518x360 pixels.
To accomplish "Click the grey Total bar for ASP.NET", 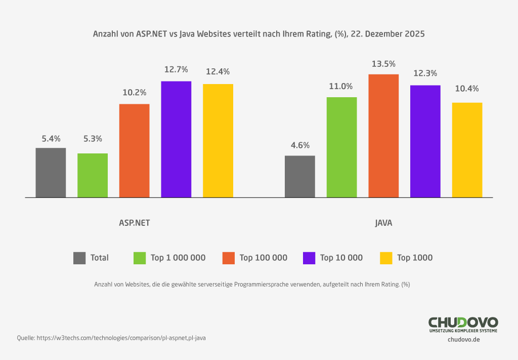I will pyautogui.click(x=51, y=173).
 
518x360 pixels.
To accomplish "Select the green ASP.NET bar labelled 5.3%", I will pyautogui.click(x=93, y=175).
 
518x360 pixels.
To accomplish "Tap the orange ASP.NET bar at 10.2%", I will pyautogui.click(x=134, y=150).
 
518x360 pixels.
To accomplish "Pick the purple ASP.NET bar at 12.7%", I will pyautogui.click(x=176, y=139).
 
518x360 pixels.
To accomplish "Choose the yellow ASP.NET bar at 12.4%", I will pyautogui.click(x=218, y=141).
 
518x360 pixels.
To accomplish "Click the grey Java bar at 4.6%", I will pyautogui.click(x=299, y=176).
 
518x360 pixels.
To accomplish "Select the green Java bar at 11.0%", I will pyautogui.click(x=341, y=147).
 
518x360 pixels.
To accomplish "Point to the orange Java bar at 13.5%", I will pyautogui.click(x=383, y=136).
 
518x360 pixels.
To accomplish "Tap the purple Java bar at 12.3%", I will pyautogui.click(x=425, y=141).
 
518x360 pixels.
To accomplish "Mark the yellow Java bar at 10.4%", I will pyautogui.click(x=467, y=150).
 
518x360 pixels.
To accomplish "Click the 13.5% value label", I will pyautogui.click(x=383, y=64).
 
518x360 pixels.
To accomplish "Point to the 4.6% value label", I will pyautogui.click(x=299, y=145).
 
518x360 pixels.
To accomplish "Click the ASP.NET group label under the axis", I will pyautogui.click(x=134, y=223).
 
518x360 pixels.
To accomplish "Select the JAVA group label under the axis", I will pyautogui.click(x=383, y=223).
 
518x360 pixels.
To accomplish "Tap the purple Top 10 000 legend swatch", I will pyautogui.click(x=309, y=258).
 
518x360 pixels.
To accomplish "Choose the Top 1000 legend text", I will pyautogui.click(x=415, y=258).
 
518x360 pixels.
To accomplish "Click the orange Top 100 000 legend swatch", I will pyautogui.click(x=229, y=258).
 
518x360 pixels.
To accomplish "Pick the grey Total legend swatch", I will pyautogui.click(x=79, y=258).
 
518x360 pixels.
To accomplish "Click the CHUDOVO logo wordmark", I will pyautogui.click(x=463, y=323).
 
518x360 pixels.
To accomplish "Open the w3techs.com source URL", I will pyautogui.click(x=121, y=338).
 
